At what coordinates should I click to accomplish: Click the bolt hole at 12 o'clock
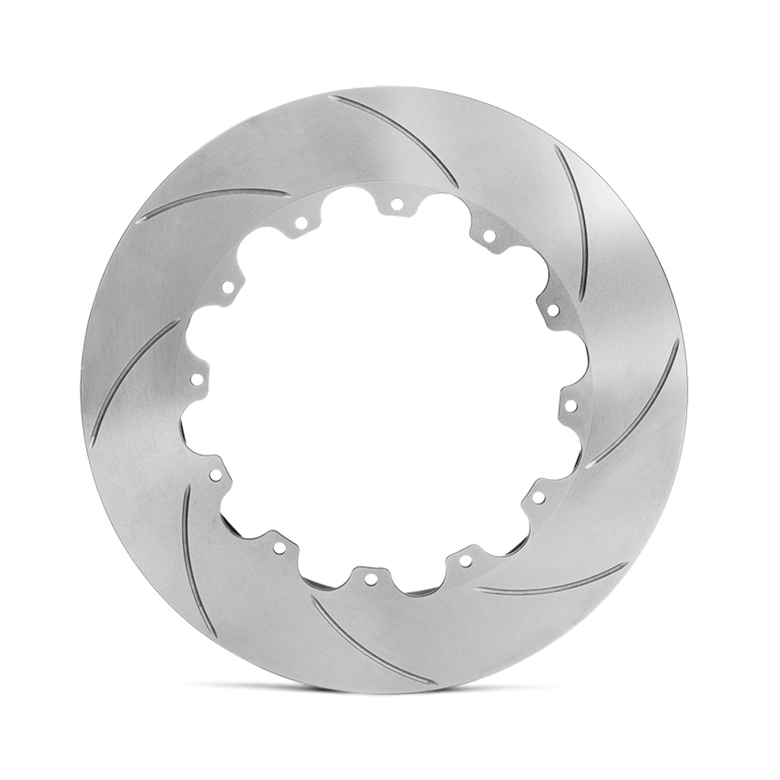[397, 203]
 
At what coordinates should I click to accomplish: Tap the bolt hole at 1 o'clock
[489, 236]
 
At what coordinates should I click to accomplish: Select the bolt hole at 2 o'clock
[553, 310]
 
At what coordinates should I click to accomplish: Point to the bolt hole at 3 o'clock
[571, 405]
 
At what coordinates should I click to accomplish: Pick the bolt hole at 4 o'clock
[538, 497]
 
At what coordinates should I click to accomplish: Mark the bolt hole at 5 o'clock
[465, 561]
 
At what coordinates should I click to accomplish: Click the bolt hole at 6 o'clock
[371, 579]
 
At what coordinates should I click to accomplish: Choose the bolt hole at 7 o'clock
[280, 548]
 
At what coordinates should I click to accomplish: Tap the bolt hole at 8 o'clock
[216, 475]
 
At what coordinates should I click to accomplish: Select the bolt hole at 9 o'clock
[197, 379]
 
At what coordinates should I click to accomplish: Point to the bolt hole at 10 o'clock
[228, 287]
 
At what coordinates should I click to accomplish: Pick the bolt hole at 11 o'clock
[301, 223]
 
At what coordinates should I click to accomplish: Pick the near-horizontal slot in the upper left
[213, 201]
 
